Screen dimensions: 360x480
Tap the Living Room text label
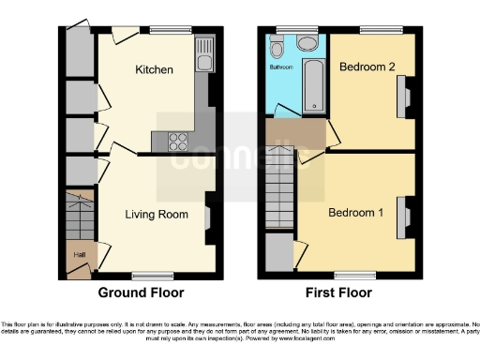[x=157, y=215]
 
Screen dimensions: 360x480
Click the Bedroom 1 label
[x=355, y=213]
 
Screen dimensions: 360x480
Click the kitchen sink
[x=203, y=56]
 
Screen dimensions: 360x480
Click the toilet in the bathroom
[x=277, y=48]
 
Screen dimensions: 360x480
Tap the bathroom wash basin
[x=307, y=43]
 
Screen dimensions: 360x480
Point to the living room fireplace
[x=207, y=217]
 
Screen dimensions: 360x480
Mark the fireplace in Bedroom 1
[x=405, y=217]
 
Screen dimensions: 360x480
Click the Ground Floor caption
[x=141, y=292]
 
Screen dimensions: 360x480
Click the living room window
[x=145, y=275]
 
